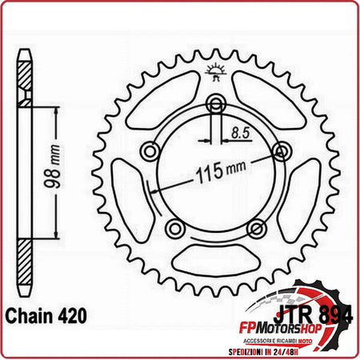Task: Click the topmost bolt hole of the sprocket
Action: pos(216,102)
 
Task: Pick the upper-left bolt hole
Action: pos(149,150)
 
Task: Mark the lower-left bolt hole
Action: pos(174,229)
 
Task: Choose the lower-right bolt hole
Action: pos(257,229)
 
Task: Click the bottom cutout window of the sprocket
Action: pos(215,256)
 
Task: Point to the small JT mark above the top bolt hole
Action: pos(216,74)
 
